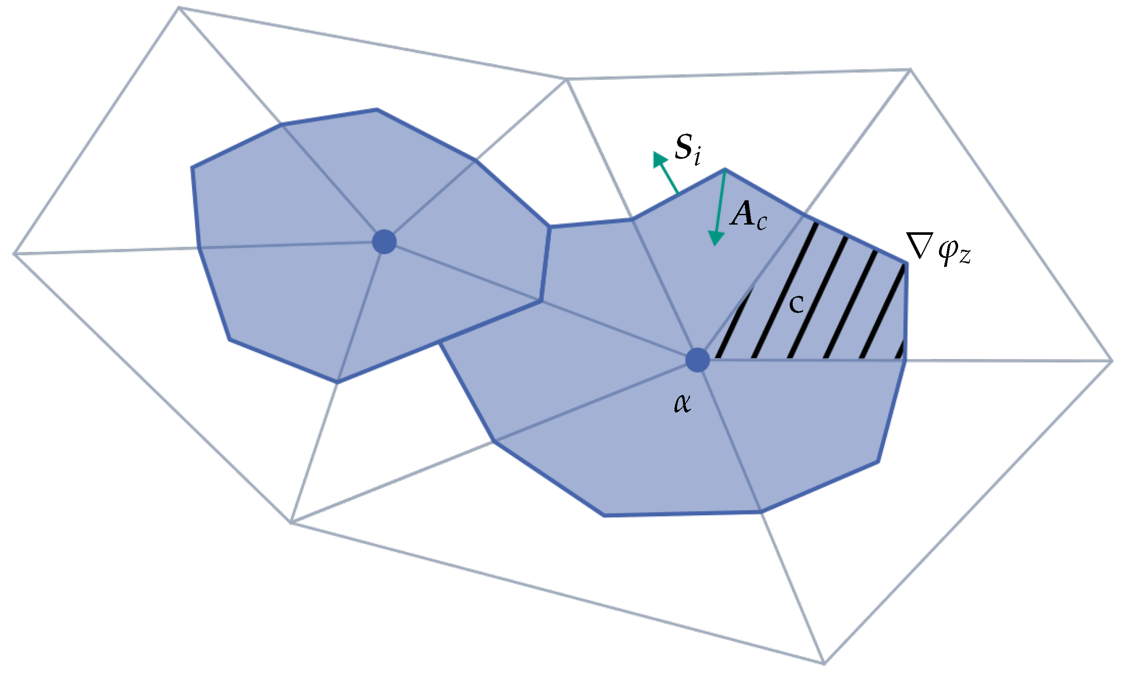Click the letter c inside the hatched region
point(796,304)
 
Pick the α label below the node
point(682,404)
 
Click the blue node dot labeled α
point(697,360)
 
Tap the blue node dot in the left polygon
point(384,242)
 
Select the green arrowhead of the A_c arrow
point(716,238)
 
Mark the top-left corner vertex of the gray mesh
point(179,7)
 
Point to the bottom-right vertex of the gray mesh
point(824,663)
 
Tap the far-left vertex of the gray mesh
point(15,253)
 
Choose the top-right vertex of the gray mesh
point(910,70)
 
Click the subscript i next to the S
point(697,158)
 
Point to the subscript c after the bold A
point(762,223)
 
